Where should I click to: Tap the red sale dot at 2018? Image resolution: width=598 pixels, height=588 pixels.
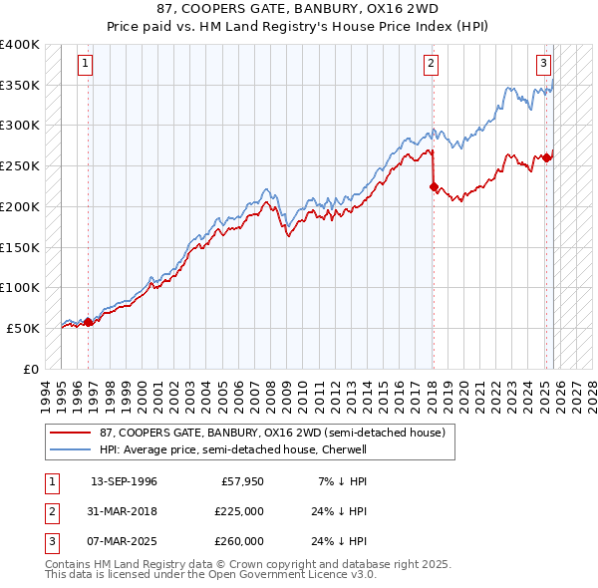(x=434, y=185)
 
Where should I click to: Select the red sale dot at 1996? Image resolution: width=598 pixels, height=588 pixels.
(x=89, y=321)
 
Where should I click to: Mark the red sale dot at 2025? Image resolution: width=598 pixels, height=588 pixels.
(x=547, y=157)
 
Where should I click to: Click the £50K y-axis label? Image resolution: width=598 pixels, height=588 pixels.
(x=23, y=327)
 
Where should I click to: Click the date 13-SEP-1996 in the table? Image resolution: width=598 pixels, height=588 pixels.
(x=124, y=481)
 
